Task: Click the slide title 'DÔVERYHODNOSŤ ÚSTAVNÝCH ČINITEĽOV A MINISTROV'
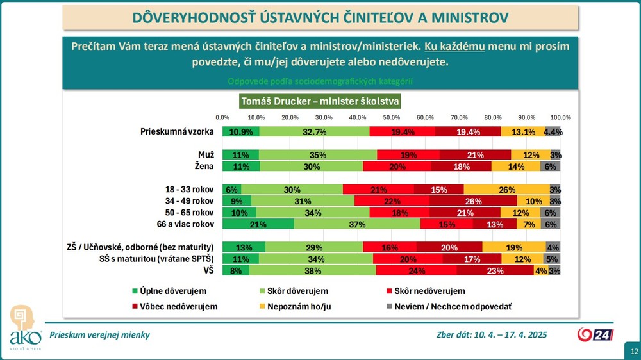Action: click(320, 17)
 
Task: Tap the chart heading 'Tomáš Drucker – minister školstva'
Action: click(319, 101)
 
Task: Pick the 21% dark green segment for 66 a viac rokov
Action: click(258, 224)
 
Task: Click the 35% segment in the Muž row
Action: click(318, 155)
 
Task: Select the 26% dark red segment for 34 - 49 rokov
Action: click(465, 201)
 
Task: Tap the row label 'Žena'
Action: click(204, 167)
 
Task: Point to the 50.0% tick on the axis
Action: click(391, 117)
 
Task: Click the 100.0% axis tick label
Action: click(561, 117)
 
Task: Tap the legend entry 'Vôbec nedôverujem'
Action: click(174, 306)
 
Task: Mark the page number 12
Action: click(633, 352)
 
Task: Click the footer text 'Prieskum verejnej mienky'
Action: click(99, 334)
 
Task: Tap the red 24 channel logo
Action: click(595, 334)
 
